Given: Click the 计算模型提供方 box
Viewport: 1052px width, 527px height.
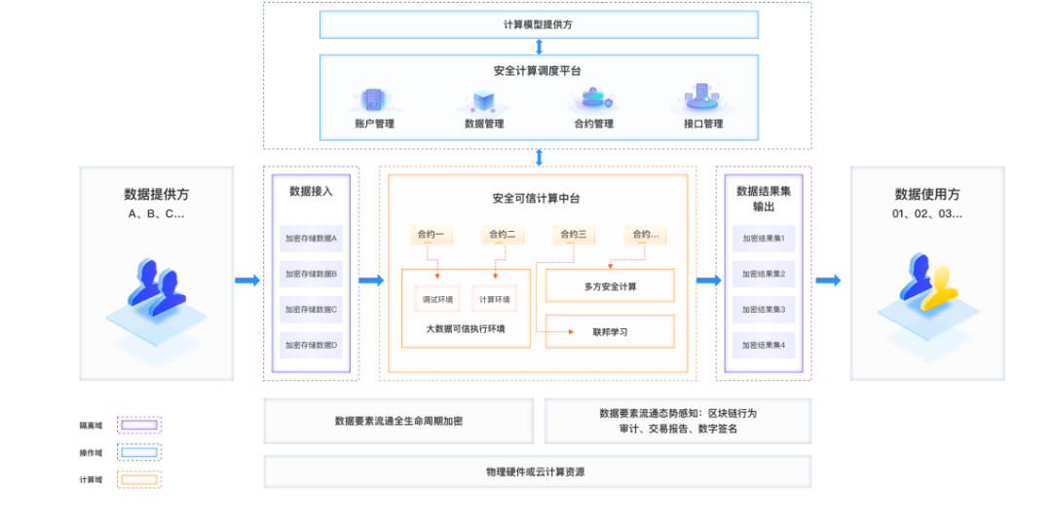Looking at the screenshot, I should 538,23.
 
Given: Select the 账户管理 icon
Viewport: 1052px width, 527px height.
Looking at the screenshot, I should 374,99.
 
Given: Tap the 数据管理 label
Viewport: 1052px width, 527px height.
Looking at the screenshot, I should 484,125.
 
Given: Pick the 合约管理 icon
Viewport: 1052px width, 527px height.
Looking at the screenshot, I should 593,99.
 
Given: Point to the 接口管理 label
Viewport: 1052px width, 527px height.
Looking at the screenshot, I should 703,125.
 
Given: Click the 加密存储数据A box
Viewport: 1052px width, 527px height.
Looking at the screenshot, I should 311,238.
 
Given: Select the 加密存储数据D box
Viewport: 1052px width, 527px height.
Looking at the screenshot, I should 311,345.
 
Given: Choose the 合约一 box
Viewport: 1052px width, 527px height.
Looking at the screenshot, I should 431,234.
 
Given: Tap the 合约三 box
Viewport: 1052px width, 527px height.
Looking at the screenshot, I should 574,234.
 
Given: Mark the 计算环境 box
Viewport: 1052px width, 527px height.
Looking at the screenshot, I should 495,299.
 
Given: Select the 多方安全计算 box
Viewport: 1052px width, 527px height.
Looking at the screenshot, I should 610,285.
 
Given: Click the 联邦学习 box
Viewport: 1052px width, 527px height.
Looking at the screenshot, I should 610,331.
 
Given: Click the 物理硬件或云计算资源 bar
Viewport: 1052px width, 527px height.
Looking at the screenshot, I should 537,471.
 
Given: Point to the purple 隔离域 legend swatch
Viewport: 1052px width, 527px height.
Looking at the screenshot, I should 139,425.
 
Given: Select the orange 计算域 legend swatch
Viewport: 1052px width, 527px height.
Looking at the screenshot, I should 139,479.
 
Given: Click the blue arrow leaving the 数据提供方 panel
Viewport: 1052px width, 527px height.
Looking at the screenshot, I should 247,281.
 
